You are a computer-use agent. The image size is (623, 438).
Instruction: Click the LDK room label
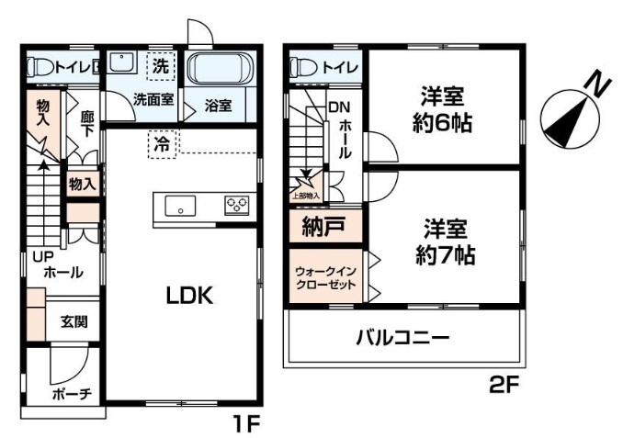pos(189,296)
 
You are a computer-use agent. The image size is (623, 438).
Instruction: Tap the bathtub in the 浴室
pos(220,68)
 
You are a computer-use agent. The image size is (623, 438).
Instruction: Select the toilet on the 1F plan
pos(40,67)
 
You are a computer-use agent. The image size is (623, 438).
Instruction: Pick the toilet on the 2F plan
pos(304,67)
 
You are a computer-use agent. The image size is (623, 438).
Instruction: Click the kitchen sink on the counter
pos(180,206)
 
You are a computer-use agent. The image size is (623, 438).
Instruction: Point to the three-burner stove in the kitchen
pos(237,206)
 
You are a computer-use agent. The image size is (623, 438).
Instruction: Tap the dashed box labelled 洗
pos(161,66)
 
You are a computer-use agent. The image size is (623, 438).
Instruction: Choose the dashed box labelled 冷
pos(162,144)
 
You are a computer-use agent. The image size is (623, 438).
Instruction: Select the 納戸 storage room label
pos(323,227)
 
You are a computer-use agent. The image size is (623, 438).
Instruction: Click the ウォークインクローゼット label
pos(325,278)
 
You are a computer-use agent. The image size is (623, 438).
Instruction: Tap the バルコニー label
pos(402,338)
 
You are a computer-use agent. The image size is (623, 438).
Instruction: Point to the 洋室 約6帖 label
pos(442,109)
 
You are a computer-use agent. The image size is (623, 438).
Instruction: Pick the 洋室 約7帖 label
pos(445,241)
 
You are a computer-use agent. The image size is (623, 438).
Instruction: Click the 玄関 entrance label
pos(74,321)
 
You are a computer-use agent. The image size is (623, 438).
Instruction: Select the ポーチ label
pos(72,394)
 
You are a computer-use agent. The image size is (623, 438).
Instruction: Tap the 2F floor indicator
pos(504,384)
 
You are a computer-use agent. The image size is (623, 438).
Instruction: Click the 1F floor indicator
pos(247,423)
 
